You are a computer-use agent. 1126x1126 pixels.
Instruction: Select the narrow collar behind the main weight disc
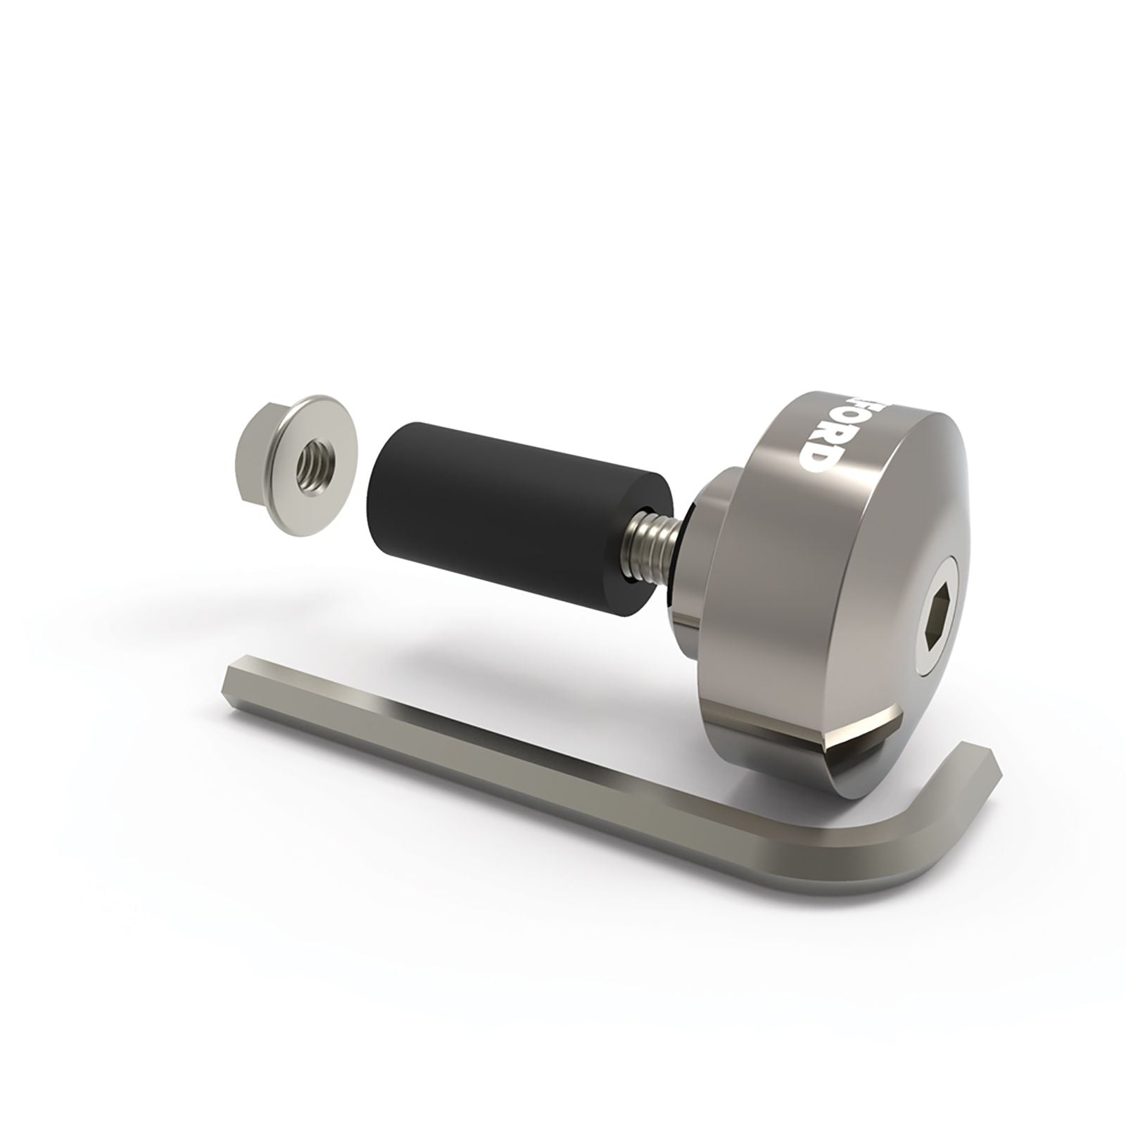click(693, 549)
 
